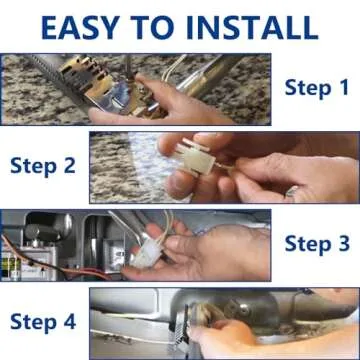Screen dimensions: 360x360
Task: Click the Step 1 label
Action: tap(317, 88)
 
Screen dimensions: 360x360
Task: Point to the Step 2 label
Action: tap(43, 166)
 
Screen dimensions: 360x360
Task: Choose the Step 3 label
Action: tap(317, 243)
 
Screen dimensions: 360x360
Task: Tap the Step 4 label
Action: tap(43, 321)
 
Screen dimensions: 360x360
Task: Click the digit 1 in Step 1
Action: tap(343, 87)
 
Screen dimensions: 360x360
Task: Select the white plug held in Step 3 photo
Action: tap(147, 252)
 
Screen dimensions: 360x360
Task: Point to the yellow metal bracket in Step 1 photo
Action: tap(97, 81)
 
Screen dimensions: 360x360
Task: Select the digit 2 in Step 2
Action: tap(70, 165)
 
